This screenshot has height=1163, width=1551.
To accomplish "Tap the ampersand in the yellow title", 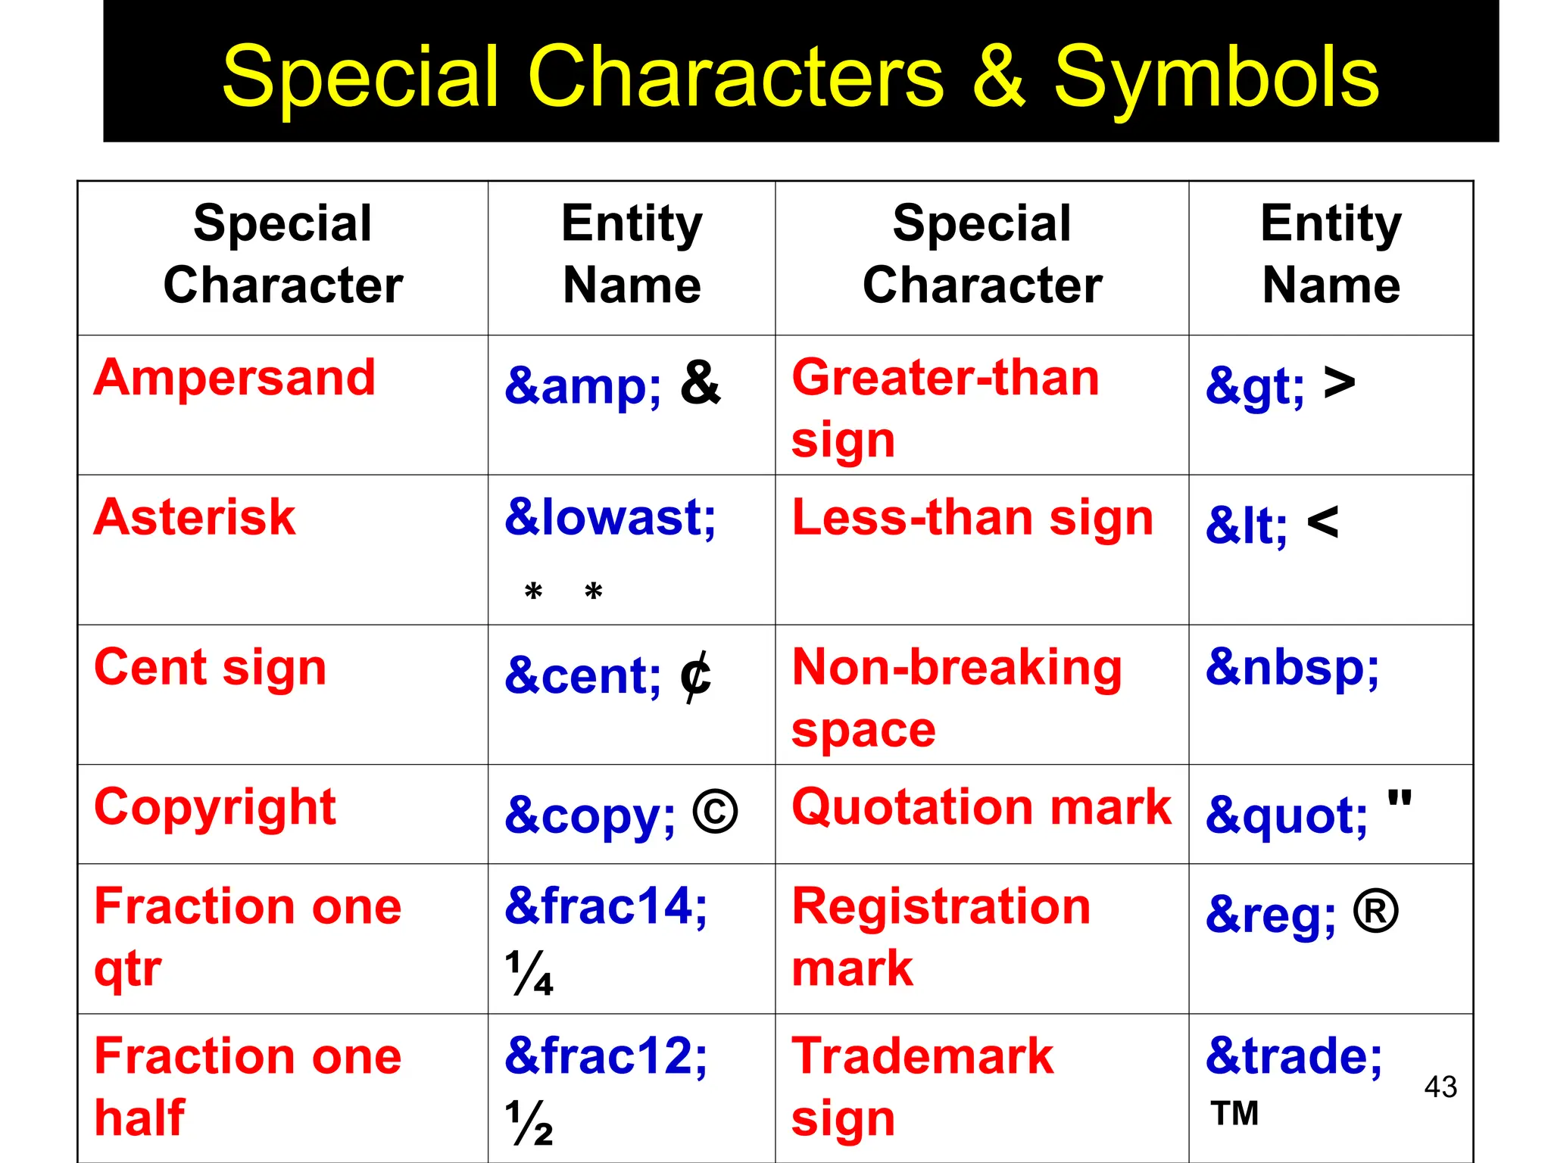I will [x=999, y=76].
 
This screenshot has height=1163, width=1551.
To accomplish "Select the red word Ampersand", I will [x=235, y=377].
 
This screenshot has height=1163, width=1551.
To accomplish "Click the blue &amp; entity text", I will [x=582, y=385].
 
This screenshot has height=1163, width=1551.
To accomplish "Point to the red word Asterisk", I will [x=195, y=517].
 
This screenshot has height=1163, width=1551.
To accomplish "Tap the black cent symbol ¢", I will [x=694, y=676].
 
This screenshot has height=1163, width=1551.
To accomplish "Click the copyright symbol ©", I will [x=715, y=812].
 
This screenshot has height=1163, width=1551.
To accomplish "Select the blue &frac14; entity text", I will [x=606, y=906].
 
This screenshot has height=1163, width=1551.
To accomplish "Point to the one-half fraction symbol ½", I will [x=529, y=1123].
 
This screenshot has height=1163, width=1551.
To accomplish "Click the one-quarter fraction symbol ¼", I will [x=529, y=973].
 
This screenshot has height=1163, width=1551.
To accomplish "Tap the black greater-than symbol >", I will [x=1339, y=383].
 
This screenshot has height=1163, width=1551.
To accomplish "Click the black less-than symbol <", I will [x=1322, y=522].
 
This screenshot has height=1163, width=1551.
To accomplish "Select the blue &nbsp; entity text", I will [x=1293, y=668].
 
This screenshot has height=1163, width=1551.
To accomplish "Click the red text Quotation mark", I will [x=981, y=807].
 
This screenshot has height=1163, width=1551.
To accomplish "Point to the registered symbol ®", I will [x=1375, y=912].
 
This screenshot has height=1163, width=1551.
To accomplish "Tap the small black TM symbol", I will [x=1234, y=1114].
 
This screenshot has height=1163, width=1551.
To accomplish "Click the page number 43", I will [x=1440, y=1087].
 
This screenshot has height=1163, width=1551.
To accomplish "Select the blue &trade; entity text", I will [x=1294, y=1055].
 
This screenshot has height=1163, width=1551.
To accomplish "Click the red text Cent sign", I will [x=210, y=668].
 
